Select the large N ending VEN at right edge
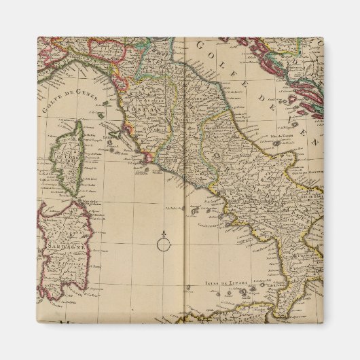point(314,144)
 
